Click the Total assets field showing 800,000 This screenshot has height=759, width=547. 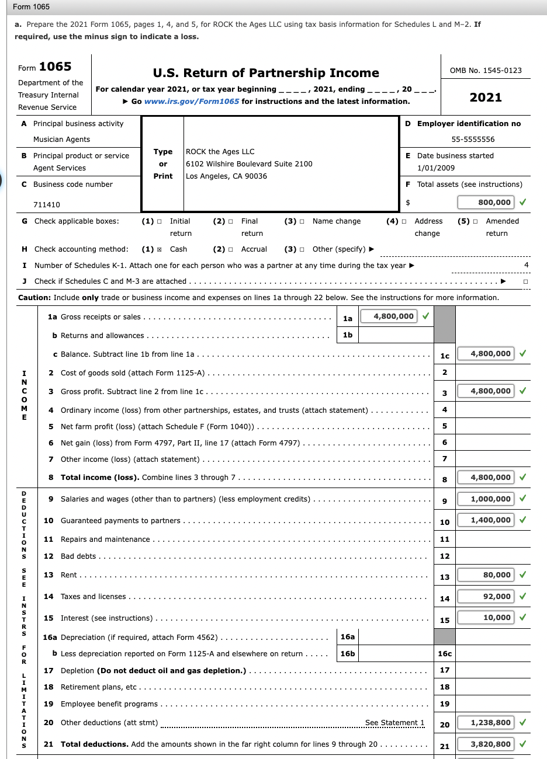pos(485,203)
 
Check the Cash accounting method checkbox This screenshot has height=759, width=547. pos(160,249)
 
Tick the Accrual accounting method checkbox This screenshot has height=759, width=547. pos(231,249)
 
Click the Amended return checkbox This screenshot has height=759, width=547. pos(476,221)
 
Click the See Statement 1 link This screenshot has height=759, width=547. pos(394,723)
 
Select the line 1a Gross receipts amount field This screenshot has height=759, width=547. pos(389,316)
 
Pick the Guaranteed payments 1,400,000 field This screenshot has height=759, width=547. pos(486,520)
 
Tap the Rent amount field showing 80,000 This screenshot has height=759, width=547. pos(486,575)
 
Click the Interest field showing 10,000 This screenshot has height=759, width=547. pos(486,618)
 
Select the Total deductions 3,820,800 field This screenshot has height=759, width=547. pos(486,744)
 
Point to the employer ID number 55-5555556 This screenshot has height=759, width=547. pos(473,140)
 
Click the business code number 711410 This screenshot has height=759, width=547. pos(47,205)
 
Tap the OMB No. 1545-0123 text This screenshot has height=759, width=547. pos(486,71)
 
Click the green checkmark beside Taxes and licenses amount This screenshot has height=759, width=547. pos(522,597)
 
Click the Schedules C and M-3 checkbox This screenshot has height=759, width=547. pos(526,281)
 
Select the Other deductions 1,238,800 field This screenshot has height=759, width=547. pos(486,723)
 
